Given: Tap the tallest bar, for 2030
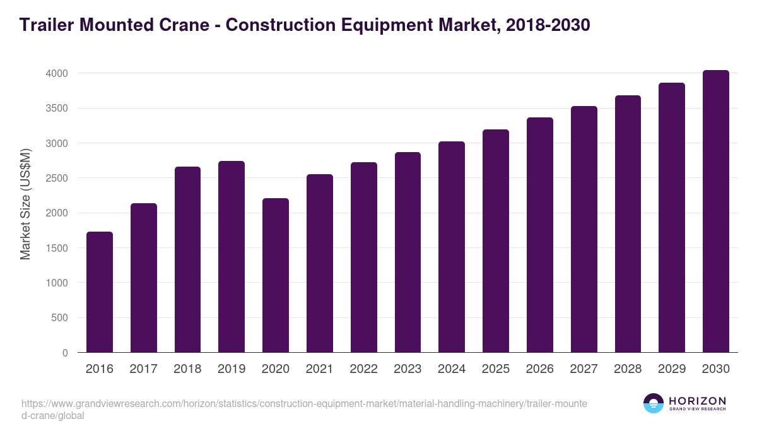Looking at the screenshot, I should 715,211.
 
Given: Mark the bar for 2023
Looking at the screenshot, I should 408,252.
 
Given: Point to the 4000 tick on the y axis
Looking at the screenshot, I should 57,73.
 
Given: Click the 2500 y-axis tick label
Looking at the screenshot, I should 57,178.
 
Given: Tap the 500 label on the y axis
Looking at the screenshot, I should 60,318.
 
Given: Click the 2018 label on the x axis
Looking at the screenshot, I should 188,369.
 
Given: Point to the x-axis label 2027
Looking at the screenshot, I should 584,369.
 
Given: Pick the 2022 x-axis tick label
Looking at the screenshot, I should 364,369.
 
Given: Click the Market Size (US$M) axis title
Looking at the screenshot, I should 26,204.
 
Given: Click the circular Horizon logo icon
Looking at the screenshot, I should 654,403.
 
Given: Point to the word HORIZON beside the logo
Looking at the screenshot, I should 697,401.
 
